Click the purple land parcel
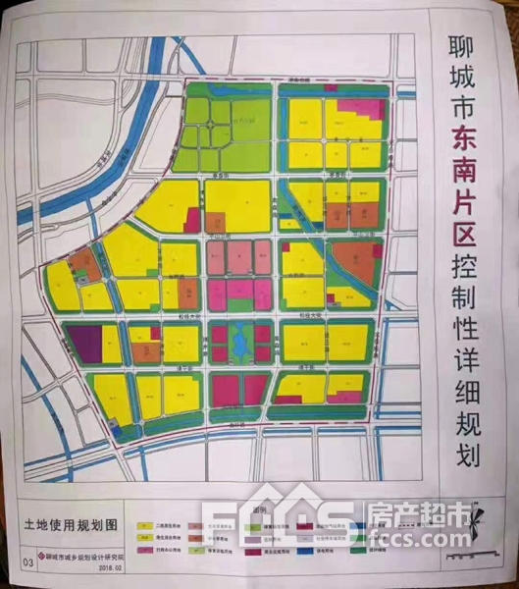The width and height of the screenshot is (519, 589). click(82, 343)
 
